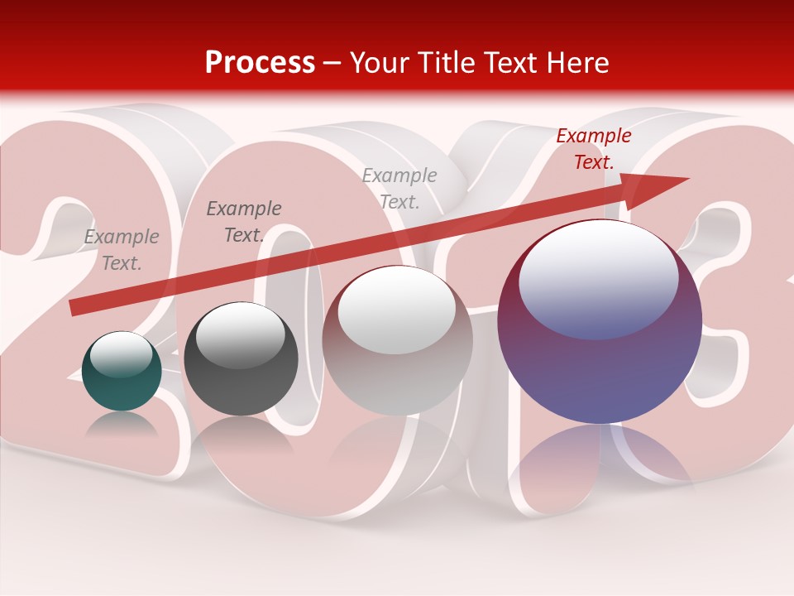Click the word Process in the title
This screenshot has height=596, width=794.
tap(260, 63)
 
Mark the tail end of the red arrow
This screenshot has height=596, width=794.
tap(74, 307)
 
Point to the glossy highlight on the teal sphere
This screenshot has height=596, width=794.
tap(122, 355)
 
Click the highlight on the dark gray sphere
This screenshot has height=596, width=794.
tap(241, 335)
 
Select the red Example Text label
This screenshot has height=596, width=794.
tap(593, 149)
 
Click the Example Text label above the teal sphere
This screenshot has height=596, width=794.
tap(122, 250)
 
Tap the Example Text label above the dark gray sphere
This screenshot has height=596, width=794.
tap(243, 222)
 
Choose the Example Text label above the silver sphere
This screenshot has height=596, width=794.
tap(399, 189)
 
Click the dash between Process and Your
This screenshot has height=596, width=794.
tap(332, 63)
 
